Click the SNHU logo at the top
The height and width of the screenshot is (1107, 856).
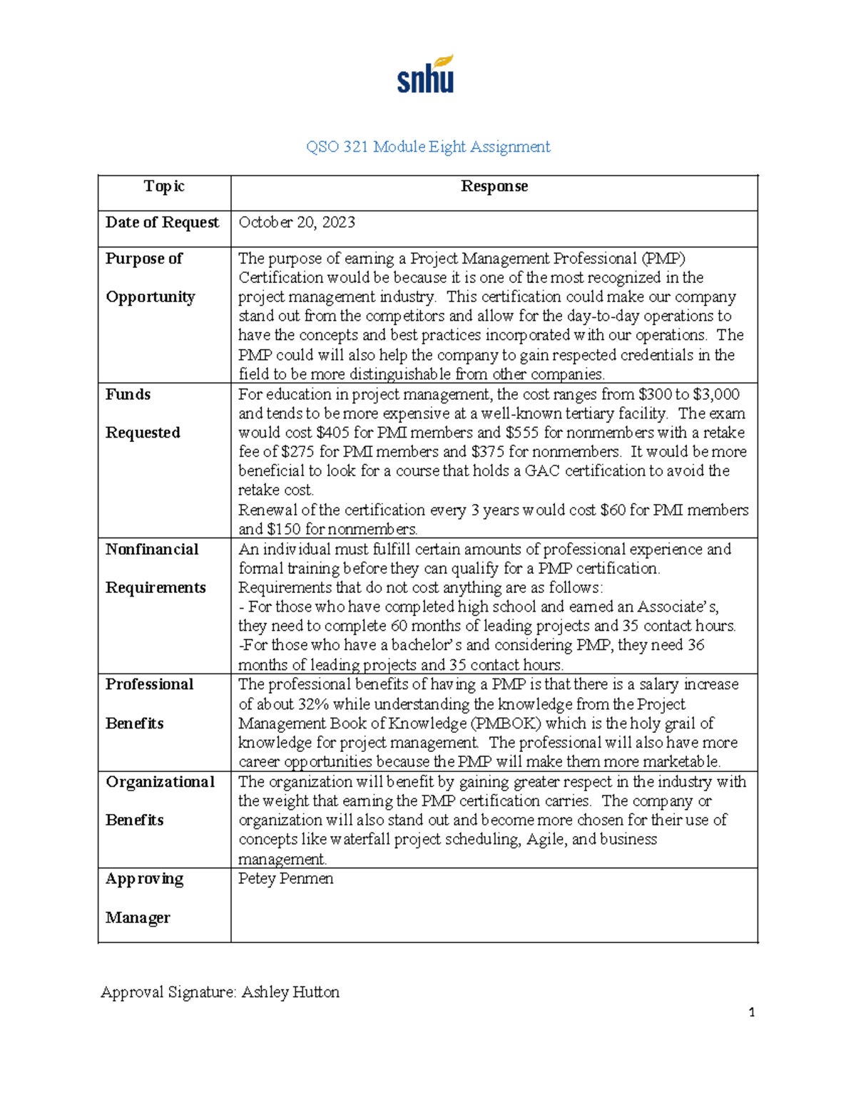tap(426, 74)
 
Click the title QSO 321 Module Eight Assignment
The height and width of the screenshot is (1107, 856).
tap(428, 147)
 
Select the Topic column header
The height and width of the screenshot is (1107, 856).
tap(164, 186)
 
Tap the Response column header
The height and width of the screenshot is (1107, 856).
tap(494, 186)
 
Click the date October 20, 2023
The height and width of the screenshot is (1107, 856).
tap(297, 222)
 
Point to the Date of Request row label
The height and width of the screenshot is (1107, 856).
tap(162, 222)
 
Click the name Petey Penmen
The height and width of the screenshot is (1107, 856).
tap(285, 879)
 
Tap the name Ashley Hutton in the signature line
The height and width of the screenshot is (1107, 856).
tap(290, 992)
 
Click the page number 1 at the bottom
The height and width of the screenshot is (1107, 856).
tap(751, 1012)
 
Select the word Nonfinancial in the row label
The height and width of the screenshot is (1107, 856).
tap(152, 550)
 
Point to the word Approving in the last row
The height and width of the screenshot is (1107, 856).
tap(144, 879)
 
